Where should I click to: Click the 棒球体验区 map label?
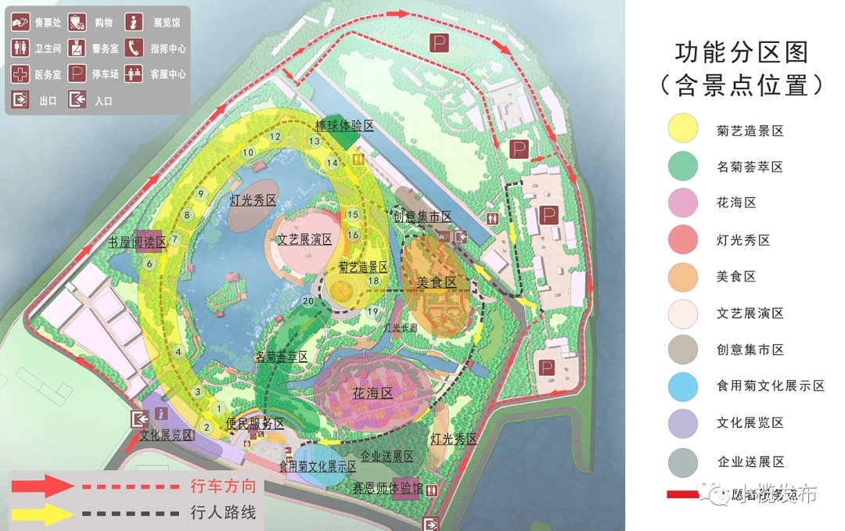pos(344,126)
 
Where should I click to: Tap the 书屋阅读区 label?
pos(138,242)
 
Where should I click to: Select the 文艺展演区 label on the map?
pos(304,239)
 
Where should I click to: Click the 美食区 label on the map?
pos(437,282)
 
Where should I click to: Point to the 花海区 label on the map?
pos(372,393)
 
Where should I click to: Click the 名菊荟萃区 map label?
pos(282,357)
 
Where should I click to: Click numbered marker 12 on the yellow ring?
pos(275,136)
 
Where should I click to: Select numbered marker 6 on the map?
pos(149,264)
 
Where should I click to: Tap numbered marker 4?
pos(179,352)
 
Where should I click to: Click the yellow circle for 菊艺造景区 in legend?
pos(683,130)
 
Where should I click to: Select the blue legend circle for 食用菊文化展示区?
pos(683,386)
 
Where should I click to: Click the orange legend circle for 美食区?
pos(683,277)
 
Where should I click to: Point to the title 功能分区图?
pos(742,54)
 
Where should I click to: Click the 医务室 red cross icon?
pos(20,75)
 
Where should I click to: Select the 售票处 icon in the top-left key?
pos(20,23)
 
